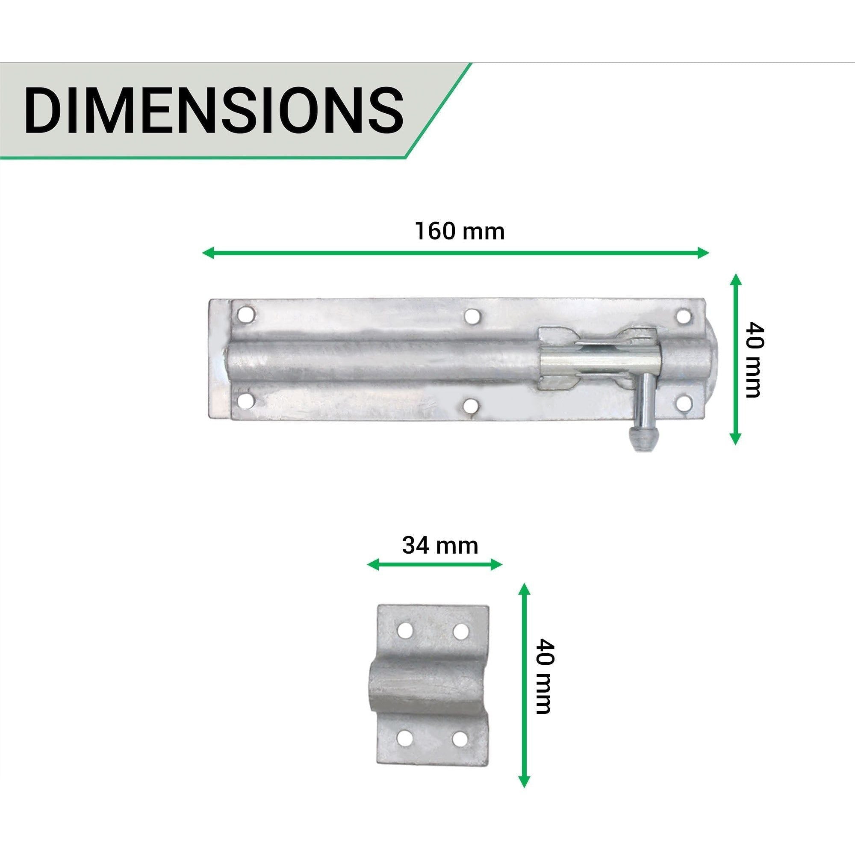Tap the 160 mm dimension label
point(460,231)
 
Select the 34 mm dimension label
point(440,545)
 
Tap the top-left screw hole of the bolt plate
point(246,315)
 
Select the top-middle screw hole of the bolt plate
point(472,316)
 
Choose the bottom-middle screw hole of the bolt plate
point(472,405)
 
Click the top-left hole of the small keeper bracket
point(404,630)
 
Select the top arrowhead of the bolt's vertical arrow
point(735,280)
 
